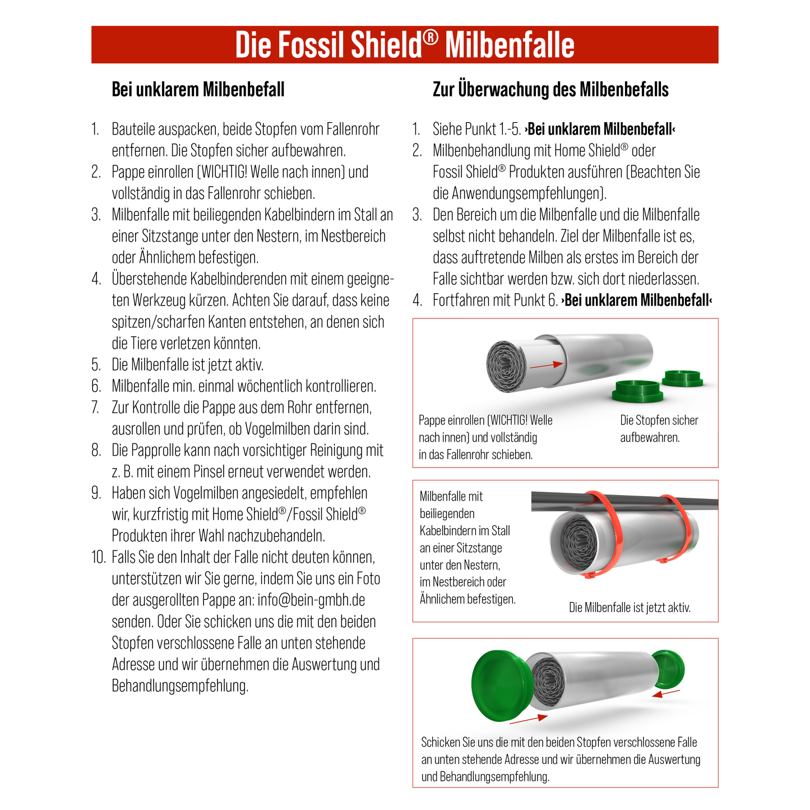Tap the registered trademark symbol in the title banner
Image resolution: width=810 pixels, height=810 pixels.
pos(430,38)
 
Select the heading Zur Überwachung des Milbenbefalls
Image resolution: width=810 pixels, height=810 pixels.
pos(550,90)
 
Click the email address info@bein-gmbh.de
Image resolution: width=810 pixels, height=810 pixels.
pos(311,600)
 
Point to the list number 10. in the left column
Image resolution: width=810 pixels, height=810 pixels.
pos(98,557)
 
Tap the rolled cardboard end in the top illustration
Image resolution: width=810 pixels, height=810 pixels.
pos(506,365)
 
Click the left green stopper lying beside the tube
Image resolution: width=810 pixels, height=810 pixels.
pos(637,391)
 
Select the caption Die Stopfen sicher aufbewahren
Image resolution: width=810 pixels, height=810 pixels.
pos(659,429)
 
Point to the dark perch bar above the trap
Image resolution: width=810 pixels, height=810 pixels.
pos(561,501)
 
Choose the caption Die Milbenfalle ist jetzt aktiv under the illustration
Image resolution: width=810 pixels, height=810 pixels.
pos(630,608)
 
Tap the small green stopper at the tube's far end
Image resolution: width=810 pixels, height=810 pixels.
pos(669,669)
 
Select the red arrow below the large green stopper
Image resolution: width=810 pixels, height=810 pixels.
pos(528,719)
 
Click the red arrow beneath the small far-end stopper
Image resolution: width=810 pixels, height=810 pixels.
pos(666,694)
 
